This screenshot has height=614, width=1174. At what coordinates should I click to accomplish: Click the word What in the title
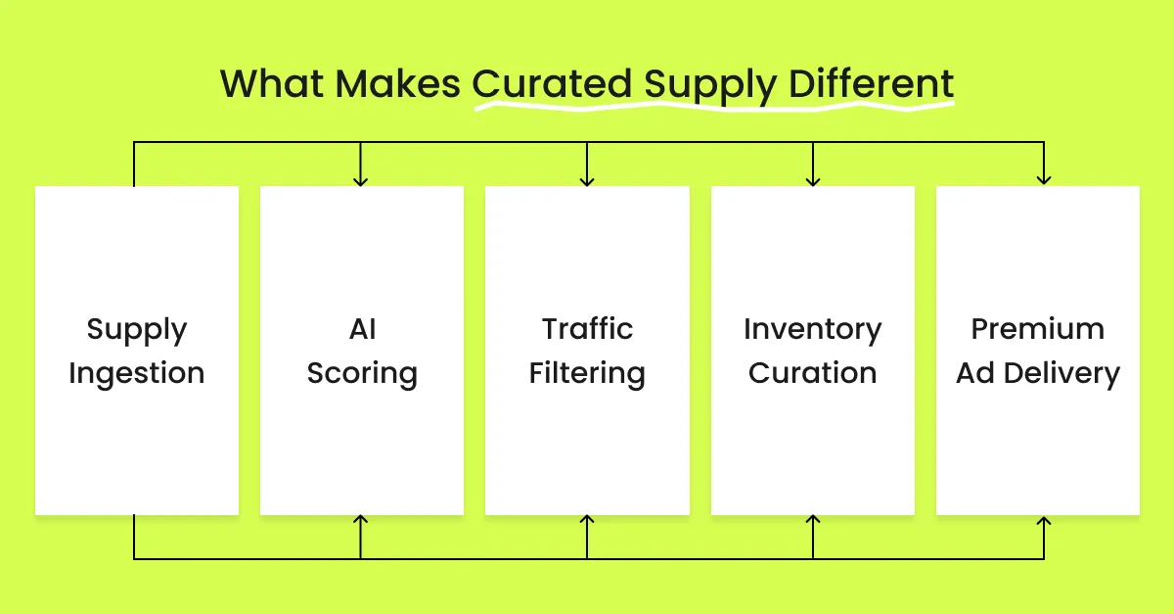click(x=272, y=83)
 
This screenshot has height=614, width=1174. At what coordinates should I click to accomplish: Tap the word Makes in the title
click(x=398, y=83)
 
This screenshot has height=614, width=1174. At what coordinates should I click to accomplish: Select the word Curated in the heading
click(x=552, y=83)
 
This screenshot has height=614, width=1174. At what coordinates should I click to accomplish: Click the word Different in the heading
click(x=871, y=83)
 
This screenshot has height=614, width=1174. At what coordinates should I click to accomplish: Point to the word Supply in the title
click(x=710, y=86)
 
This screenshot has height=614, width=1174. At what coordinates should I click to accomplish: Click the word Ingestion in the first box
click(x=136, y=375)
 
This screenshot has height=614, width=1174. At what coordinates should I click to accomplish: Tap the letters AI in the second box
click(x=362, y=329)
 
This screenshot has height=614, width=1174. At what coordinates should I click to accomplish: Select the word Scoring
click(x=362, y=375)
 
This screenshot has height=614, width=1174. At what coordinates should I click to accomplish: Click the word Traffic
click(x=587, y=329)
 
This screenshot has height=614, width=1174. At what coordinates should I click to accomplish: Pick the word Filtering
click(x=587, y=375)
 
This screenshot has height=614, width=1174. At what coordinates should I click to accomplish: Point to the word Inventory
click(x=812, y=331)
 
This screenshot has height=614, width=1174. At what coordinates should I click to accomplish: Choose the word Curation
click(x=812, y=373)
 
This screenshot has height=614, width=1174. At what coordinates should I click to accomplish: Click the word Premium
click(x=1038, y=329)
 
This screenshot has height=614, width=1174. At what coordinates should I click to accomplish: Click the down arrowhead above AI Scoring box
click(x=361, y=181)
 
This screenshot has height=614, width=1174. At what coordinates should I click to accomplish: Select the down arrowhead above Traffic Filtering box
click(x=587, y=181)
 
